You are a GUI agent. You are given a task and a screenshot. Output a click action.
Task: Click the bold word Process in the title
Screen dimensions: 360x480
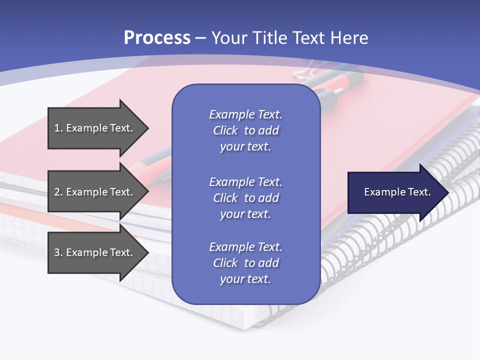157,38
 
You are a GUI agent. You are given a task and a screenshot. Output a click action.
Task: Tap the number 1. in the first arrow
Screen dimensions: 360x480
58,128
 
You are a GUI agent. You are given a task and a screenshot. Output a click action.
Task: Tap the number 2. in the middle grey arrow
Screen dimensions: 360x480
58,192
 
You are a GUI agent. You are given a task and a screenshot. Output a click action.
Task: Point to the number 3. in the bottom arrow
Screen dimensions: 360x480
58,252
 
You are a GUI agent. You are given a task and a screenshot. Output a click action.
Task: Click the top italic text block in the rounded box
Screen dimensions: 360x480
245,130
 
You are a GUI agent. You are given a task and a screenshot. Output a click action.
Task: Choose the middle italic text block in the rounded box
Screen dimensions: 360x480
245,197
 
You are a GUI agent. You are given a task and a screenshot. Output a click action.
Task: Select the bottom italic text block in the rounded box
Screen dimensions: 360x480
245,263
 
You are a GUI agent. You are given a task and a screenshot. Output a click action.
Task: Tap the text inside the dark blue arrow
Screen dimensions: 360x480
397,192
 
